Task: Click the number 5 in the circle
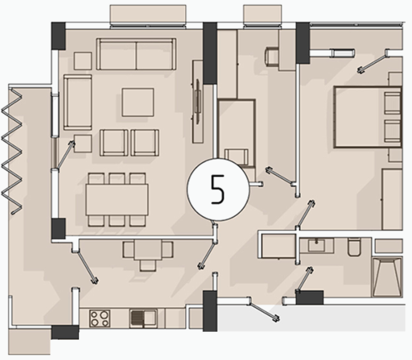click(218, 190)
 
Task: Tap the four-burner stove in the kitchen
click(100, 318)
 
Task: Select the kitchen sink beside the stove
click(143, 318)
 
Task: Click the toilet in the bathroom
click(354, 247)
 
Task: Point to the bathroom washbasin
click(316, 246)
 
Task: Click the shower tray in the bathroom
click(388, 277)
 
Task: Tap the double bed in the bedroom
click(368, 117)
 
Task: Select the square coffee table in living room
click(138, 102)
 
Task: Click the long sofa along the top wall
click(136, 54)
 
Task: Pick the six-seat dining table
click(117, 200)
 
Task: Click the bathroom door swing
click(305, 279)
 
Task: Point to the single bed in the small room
click(237, 133)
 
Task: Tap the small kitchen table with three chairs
click(148, 255)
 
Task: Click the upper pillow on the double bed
click(392, 103)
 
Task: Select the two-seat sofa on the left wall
click(78, 102)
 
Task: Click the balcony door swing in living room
click(64, 155)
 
